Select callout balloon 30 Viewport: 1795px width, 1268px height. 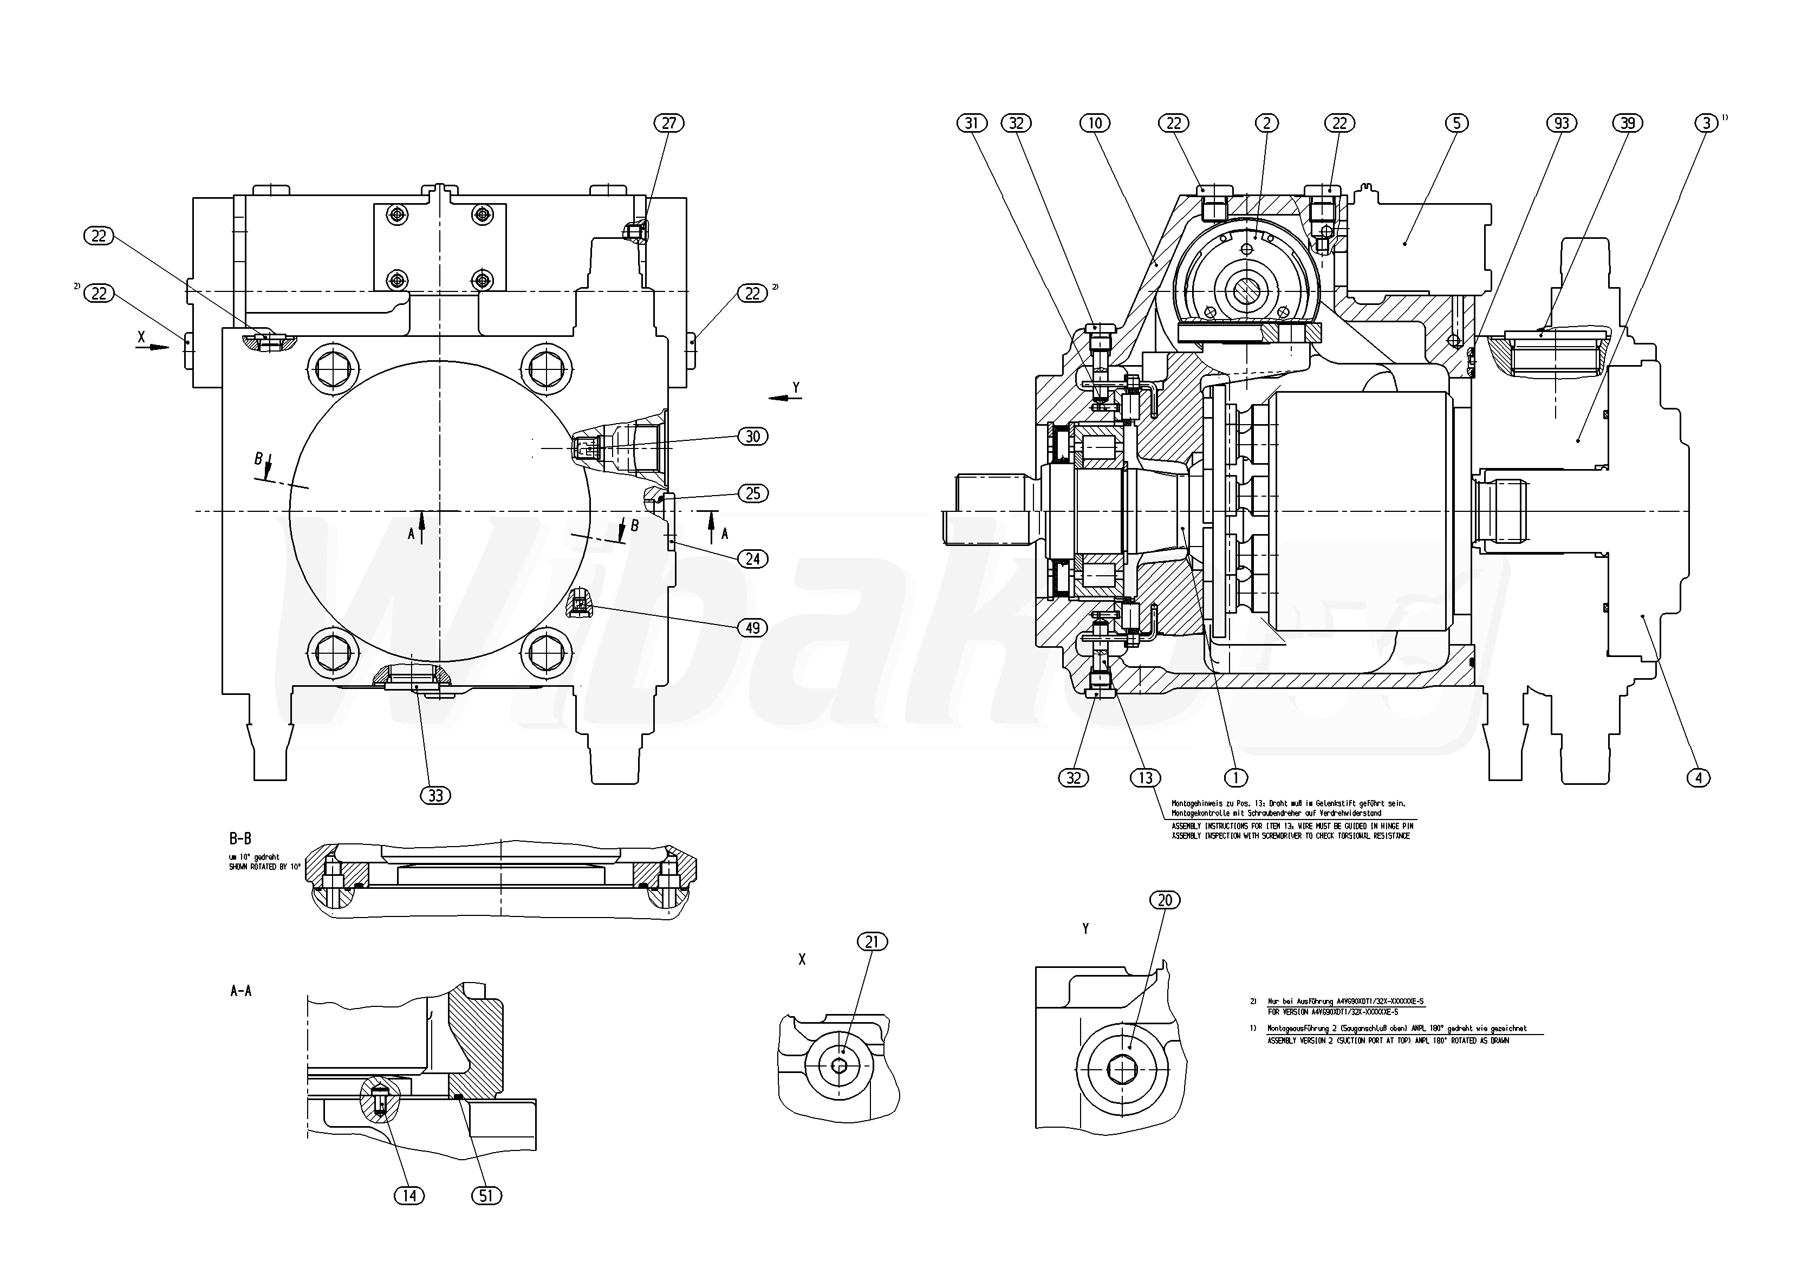tap(752, 436)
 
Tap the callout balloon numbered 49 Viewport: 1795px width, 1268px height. tap(752, 628)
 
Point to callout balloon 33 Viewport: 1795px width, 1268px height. tap(435, 796)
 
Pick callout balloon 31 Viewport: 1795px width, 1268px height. tap(972, 123)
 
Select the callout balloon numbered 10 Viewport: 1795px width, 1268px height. tap(1095, 123)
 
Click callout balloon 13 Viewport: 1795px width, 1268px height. tap(1146, 778)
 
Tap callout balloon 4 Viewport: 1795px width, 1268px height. tap(1698, 778)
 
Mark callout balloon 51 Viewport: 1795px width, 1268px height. tap(486, 1195)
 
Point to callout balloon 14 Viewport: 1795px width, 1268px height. tap(409, 1195)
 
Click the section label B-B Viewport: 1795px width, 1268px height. tap(240, 839)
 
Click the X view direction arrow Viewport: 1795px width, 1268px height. tap(152, 346)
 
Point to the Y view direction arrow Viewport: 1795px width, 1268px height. tap(785, 398)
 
